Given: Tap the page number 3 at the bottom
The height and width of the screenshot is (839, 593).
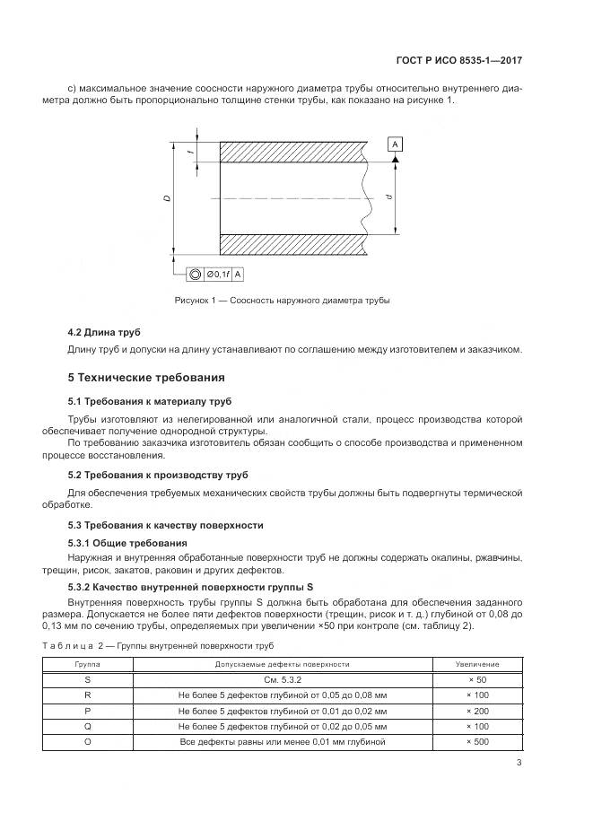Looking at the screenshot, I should click(519, 763).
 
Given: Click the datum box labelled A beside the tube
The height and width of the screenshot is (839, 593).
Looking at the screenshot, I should click(396, 144).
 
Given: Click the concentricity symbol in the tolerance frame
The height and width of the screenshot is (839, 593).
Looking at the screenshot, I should click(194, 275).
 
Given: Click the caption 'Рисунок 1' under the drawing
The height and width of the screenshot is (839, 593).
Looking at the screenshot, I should click(282, 300).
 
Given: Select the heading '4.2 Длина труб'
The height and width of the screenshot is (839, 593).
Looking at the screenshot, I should click(104, 332).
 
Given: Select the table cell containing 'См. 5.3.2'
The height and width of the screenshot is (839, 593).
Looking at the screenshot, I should click(282, 679).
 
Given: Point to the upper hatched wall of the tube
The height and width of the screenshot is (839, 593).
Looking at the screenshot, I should click(292, 152).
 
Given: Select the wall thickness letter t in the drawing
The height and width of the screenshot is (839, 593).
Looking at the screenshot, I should click(190, 152).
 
